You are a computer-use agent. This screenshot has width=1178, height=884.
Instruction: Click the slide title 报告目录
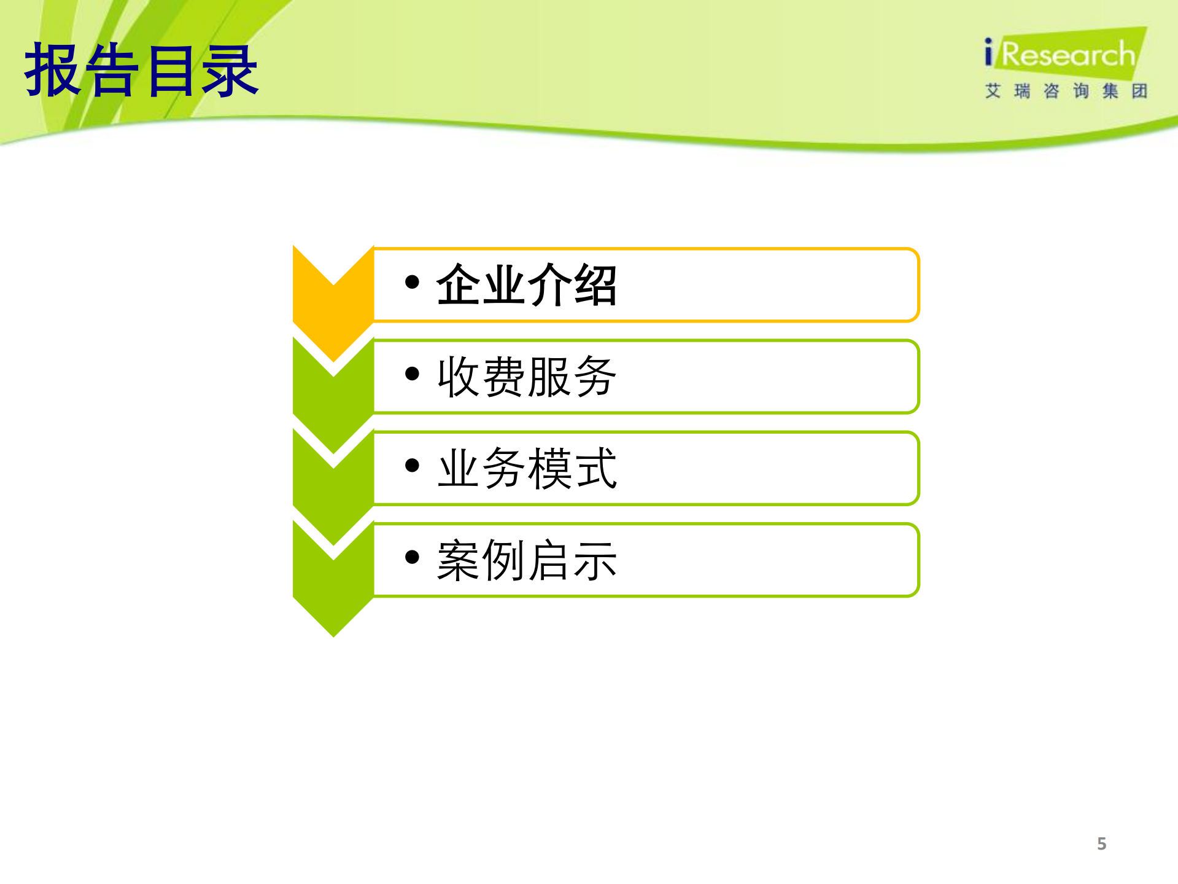pyautogui.click(x=141, y=71)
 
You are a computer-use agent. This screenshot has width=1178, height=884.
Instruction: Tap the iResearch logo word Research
pyautogui.click(x=1068, y=55)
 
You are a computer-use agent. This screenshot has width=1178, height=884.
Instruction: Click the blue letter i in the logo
pyautogui.click(x=988, y=52)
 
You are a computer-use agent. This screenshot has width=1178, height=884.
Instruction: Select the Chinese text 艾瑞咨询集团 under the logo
pyautogui.click(x=1066, y=92)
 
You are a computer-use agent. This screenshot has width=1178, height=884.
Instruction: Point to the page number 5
pyautogui.click(x=1101, y=843)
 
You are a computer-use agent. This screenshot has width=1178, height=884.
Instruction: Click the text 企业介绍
pyautogui.click(x=526, y=285)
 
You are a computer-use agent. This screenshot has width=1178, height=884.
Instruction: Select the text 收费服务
pyautogui.click(x=526, y=377)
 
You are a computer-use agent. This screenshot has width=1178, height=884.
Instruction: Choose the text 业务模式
pyautogui.click(x=526, y=468)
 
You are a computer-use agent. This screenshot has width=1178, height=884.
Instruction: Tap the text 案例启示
pyautogui.click(x=526, y=560)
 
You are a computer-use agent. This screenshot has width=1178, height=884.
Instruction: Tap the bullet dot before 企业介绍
pyautogui.click(x=413, y=282)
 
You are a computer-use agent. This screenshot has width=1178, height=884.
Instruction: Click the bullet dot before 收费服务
pyautogui.click(x=413, y=374)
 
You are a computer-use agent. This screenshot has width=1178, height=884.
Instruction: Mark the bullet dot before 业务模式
pyautogui.click(x=413, y=465)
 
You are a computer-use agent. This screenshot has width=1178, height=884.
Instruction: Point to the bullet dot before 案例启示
pyautogui.click(x=413, y=557)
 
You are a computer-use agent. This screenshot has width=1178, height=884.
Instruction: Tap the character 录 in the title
pyautogui.click(x=230, y=71)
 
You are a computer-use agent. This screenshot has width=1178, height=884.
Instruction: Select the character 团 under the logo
pyautogui.click(x=1139, y=92)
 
